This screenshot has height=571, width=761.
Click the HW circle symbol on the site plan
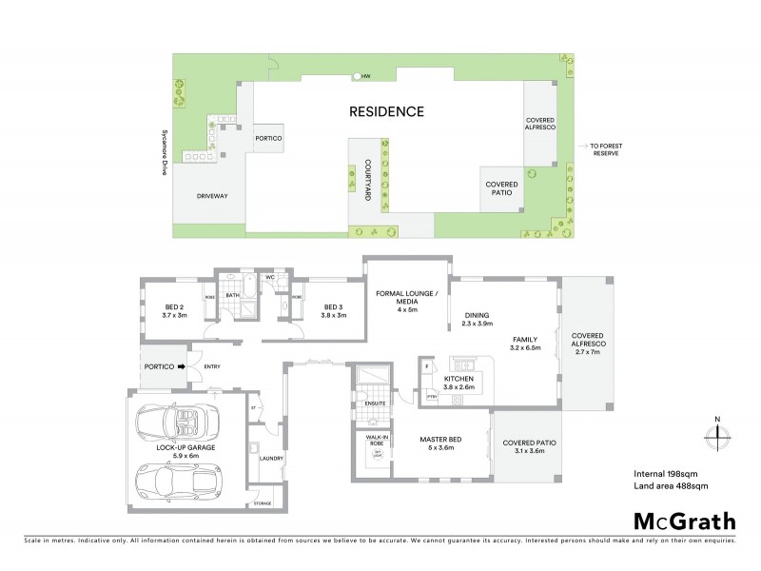[x=357, y=75]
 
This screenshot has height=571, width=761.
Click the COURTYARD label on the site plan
[x=367, y=177]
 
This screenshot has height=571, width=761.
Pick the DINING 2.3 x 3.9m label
[x=477, y=321]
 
